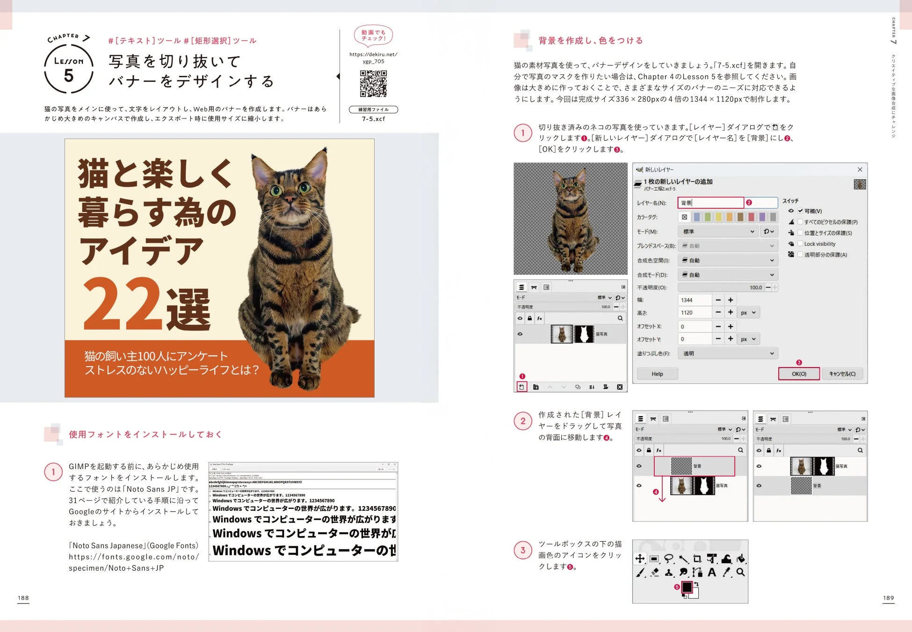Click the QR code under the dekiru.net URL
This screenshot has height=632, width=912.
(373, 83)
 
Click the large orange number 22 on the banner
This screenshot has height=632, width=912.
(123, 304)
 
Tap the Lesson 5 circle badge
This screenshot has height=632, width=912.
(69, 69)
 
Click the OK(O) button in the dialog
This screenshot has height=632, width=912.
(799, 374)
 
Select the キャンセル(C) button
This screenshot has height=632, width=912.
(842, 374)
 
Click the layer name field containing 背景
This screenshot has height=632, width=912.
(710, 203)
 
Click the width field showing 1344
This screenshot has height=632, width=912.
(694, 300)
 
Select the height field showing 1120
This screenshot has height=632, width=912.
(694, 313)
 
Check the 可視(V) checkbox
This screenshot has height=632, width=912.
(800, 211)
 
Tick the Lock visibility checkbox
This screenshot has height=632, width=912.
(800, 244)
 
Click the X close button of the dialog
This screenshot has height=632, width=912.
(860, 169)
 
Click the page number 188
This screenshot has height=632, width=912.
(23, 598)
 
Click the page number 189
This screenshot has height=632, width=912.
(888, 598)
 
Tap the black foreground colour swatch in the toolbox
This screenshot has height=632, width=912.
(687, 587)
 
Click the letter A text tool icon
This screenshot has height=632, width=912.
(712, 572)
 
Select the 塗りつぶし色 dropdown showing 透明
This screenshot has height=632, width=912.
(728, 353)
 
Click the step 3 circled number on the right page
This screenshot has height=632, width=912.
(523, 550)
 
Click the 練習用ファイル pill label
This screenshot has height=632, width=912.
(373, 110)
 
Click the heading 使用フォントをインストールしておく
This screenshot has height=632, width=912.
(145, 434)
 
